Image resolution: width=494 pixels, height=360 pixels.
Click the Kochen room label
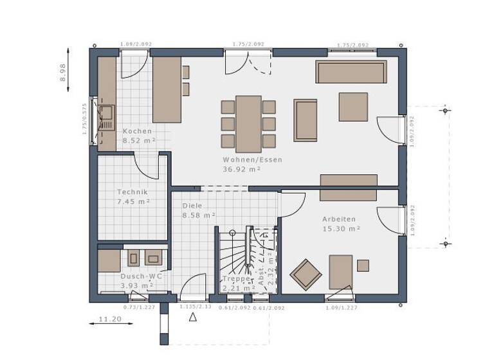click(x=137, y=131)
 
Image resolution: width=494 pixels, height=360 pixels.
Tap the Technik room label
click(x=133, y=192)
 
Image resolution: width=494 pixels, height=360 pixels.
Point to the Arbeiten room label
click(x=338, y=219)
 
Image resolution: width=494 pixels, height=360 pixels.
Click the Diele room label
click(x=192, y=206)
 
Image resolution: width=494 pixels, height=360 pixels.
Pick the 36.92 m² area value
click(x=241, y=169)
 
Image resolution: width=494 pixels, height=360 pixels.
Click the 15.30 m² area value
click(x=341, y=228)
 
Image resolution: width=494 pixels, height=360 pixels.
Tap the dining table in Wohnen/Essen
click(x=248, y=123)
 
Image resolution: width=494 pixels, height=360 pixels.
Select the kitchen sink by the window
click(x=105, y=116)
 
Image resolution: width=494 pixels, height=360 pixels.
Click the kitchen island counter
click(x=167, y=89)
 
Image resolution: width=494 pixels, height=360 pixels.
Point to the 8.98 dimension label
click(x=63, y=71)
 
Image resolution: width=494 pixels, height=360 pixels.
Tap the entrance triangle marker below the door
click(x=192, y=317)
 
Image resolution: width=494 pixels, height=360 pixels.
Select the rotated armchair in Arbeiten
click(x=306, y=274)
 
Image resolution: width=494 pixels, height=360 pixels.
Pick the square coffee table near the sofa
click(x=353, y=107)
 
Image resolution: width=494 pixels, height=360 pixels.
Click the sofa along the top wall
click(x=351, y=72)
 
